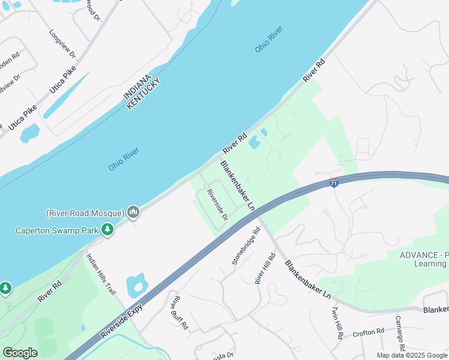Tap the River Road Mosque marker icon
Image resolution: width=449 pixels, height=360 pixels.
(x=133, y=212)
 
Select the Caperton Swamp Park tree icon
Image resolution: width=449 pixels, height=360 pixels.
(x=107, y=230)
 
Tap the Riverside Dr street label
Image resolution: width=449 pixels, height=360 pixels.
(x=217, y=205)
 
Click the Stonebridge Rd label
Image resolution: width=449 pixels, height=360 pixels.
(x=246, y=247)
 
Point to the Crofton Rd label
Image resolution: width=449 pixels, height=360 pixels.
(x=368, y=332)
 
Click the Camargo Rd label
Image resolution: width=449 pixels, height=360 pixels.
(x=399, y=332)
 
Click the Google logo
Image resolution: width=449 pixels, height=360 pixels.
(x=20, y=353)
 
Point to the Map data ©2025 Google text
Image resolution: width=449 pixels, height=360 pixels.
(x=412, y=355)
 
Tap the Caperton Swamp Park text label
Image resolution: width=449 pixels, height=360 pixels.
(x=57, y=230)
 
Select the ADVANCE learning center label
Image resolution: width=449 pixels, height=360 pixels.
(x=424, y=259)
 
